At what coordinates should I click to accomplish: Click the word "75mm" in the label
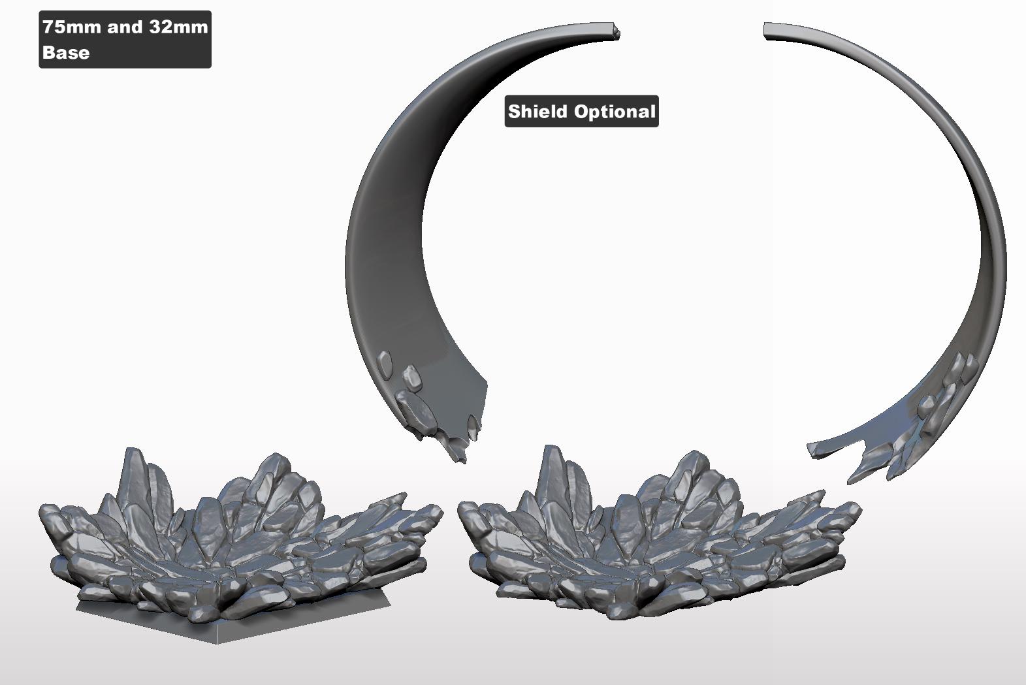(72, 27)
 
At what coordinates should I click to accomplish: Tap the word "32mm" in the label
(179, 27)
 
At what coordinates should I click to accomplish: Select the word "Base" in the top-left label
(66, 53)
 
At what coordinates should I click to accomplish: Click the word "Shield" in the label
(537, 111)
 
